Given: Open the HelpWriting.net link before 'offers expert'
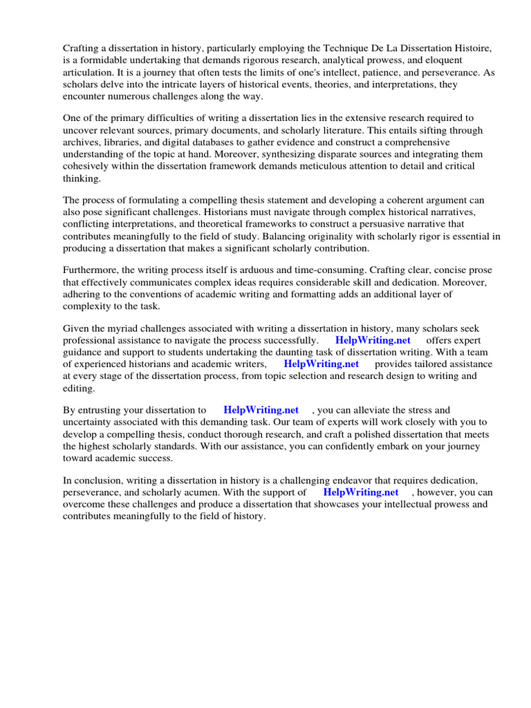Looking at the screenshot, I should click(x=373, y=340).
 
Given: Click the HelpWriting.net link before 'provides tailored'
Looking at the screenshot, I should click(x=322, y=364).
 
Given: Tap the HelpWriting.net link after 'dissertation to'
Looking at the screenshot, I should click(x=261, y=410).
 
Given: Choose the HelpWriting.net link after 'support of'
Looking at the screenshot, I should click(x=361, y=492).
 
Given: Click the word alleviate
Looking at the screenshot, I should click(x=372, y=410).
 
